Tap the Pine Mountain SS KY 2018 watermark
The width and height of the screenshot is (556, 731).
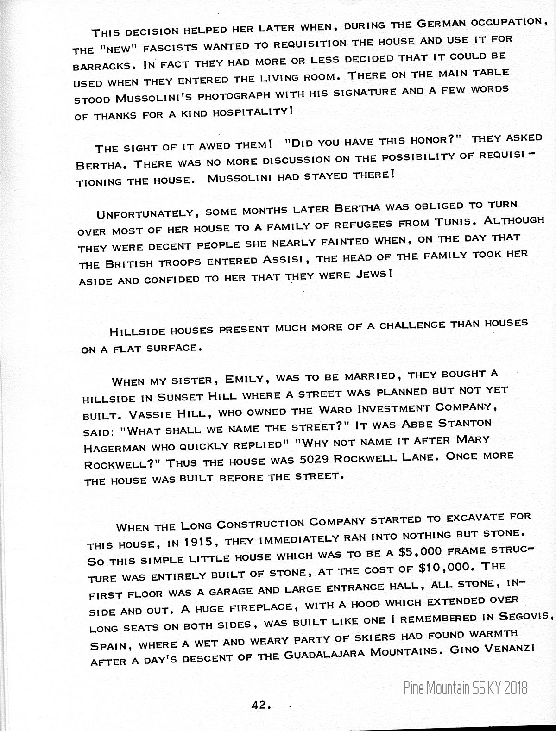[465, 688]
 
